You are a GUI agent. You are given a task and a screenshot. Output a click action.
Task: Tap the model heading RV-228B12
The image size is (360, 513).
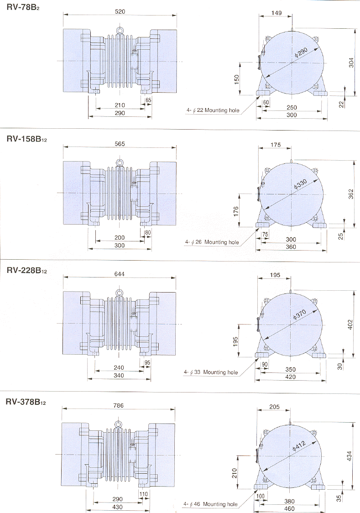26,271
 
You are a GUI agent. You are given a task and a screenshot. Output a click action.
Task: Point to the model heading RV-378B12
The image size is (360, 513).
26,403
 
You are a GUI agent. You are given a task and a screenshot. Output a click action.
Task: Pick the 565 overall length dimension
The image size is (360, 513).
120,143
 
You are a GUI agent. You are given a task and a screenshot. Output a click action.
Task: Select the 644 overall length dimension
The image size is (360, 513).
120,274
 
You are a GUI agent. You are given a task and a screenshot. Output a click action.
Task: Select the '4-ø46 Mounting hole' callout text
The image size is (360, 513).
211,504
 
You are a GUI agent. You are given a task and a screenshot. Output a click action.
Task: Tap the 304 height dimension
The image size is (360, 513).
351,62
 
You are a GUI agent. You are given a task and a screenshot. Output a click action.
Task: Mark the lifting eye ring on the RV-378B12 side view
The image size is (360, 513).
119,424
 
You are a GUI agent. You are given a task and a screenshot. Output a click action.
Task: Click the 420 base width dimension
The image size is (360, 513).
291,377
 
